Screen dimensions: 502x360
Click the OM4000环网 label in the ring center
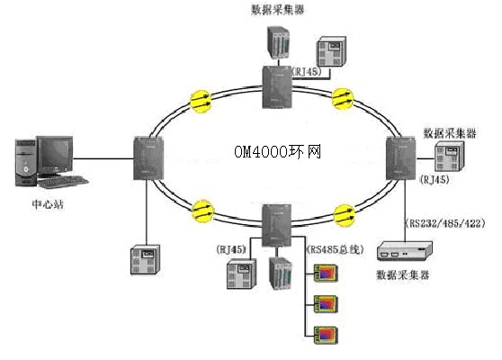[277, 151]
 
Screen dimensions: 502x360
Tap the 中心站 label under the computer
[48, 204]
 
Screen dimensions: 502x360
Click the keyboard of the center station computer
[63, 182]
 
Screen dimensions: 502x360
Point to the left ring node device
[148, 157]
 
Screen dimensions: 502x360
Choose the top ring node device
[277, 86]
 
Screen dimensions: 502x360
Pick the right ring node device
[401, 158]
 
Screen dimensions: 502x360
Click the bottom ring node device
[276, 225]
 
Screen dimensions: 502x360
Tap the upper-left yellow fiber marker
[201, 101]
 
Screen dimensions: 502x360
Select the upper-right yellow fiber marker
[343, 99]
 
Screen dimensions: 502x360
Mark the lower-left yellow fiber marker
[202, 211]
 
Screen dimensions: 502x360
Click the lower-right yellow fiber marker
[345, 215]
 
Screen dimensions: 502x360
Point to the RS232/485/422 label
[445, 223]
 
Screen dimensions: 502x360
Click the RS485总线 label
[336, 249]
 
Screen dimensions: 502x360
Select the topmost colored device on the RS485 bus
[326, 274]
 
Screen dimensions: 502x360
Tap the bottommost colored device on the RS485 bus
[326, 335]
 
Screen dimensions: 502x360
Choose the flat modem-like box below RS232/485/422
[405, 251]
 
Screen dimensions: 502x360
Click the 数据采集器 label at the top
[277, 10]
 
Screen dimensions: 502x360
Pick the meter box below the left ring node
[145, 259]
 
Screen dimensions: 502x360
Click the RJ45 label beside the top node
[307, 72]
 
